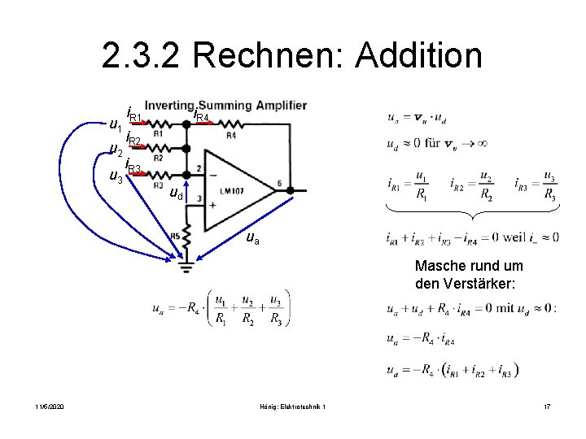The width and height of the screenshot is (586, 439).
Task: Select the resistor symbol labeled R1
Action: (158, 125)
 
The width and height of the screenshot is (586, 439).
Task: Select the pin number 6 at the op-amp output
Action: (279, 183)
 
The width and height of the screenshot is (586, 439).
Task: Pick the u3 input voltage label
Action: (116, 175)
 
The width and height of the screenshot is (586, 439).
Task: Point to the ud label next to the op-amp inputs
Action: (177, 193)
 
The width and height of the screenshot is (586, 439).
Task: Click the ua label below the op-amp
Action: (254, 239)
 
